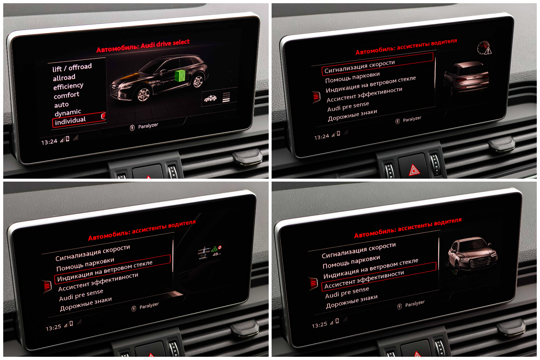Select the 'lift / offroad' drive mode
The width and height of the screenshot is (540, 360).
point(72,68)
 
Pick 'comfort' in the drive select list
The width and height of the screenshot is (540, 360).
point(66,95)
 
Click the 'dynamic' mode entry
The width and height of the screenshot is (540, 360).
point(68,112)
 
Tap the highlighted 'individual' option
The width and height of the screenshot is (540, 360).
point(70,120)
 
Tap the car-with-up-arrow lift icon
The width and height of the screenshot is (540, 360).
point(210,98)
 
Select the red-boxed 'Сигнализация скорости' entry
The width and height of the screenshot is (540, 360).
point(360,67)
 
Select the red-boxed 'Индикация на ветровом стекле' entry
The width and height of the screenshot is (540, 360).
point(105,271)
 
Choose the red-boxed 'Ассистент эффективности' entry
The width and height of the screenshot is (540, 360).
point(364,279)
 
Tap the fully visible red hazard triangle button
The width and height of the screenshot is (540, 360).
point(414,170)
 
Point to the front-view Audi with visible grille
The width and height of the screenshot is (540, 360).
point(472,254)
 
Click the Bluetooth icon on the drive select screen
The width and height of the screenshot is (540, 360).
point(132,128)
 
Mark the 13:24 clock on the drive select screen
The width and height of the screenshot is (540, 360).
point(49,142)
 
